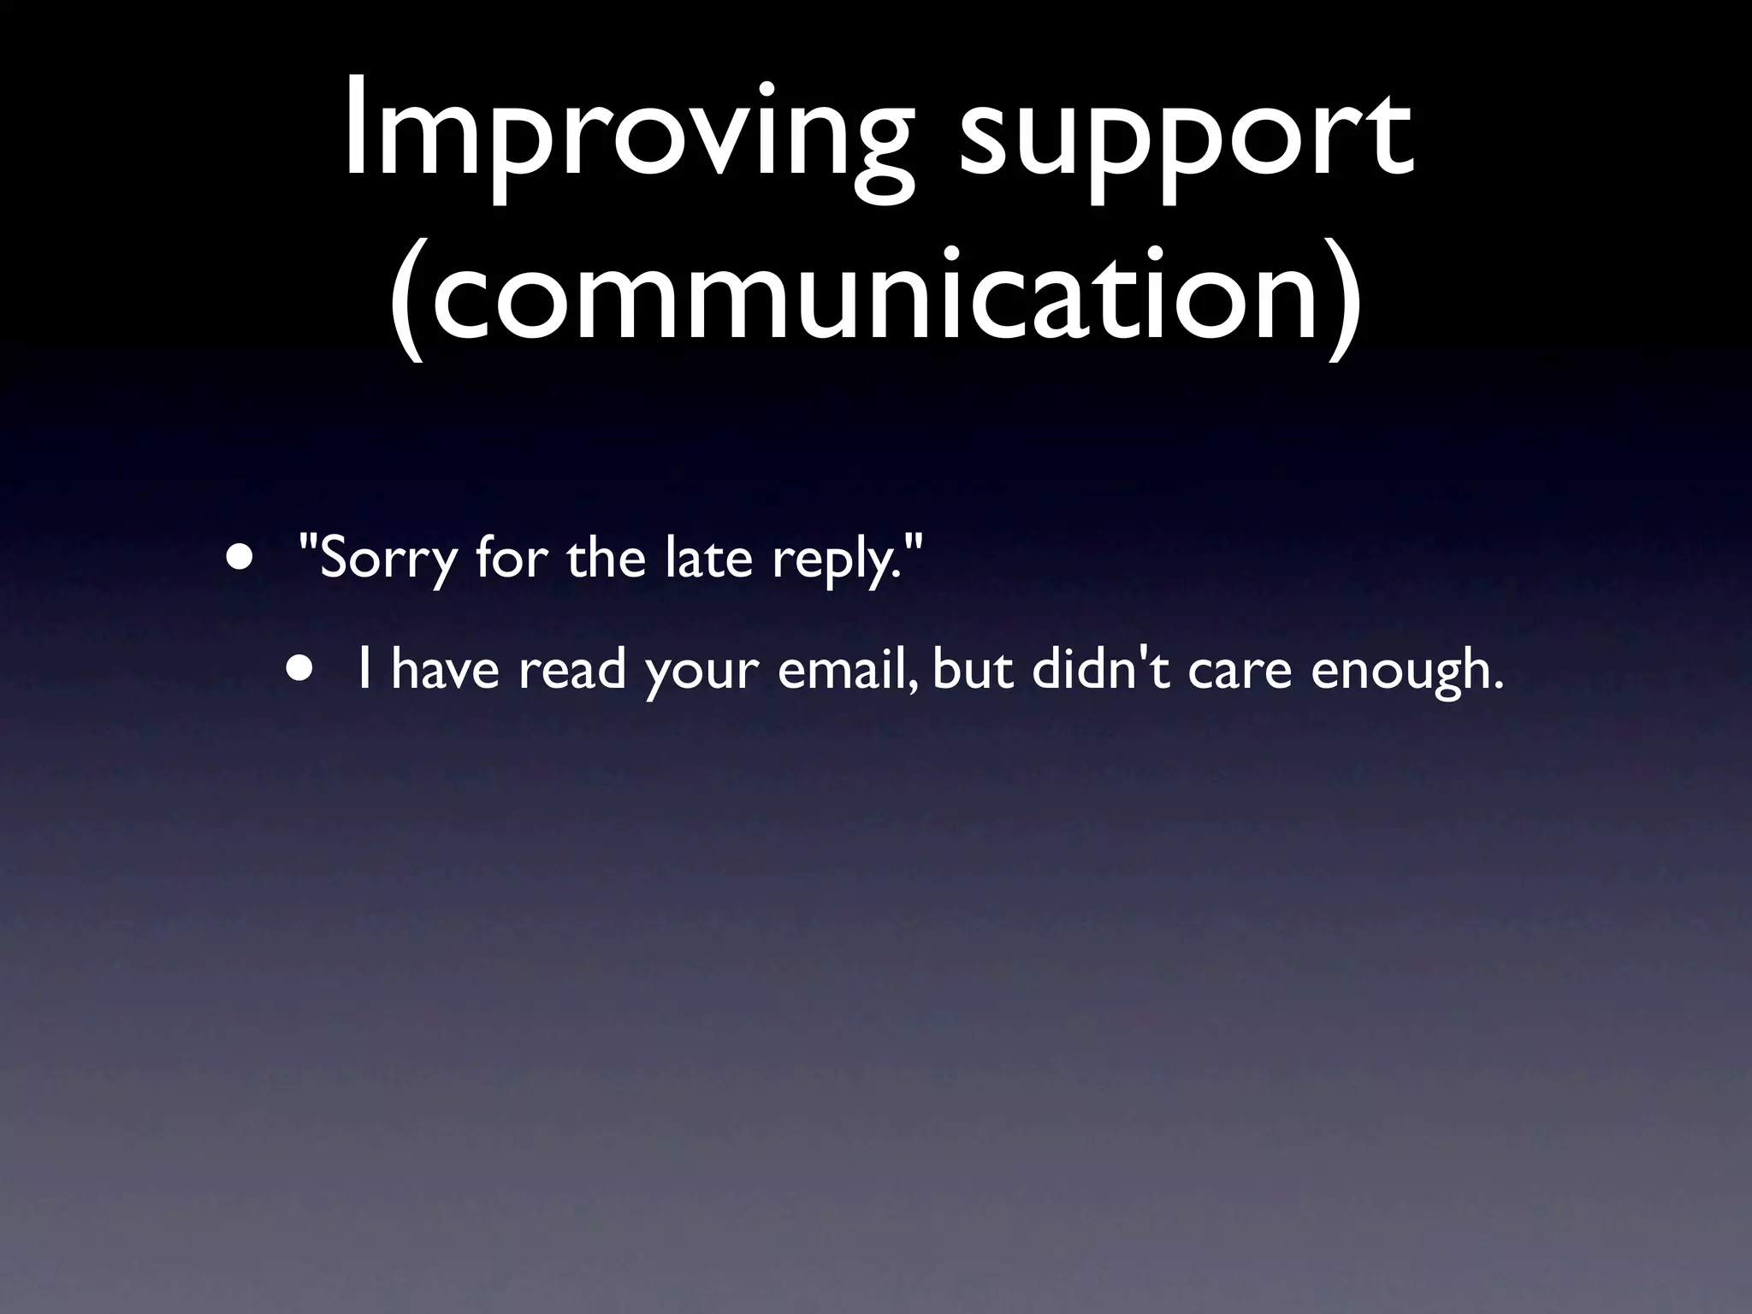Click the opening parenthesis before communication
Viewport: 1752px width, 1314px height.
(409, 296)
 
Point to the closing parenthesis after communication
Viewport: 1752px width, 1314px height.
(1341, 296)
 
